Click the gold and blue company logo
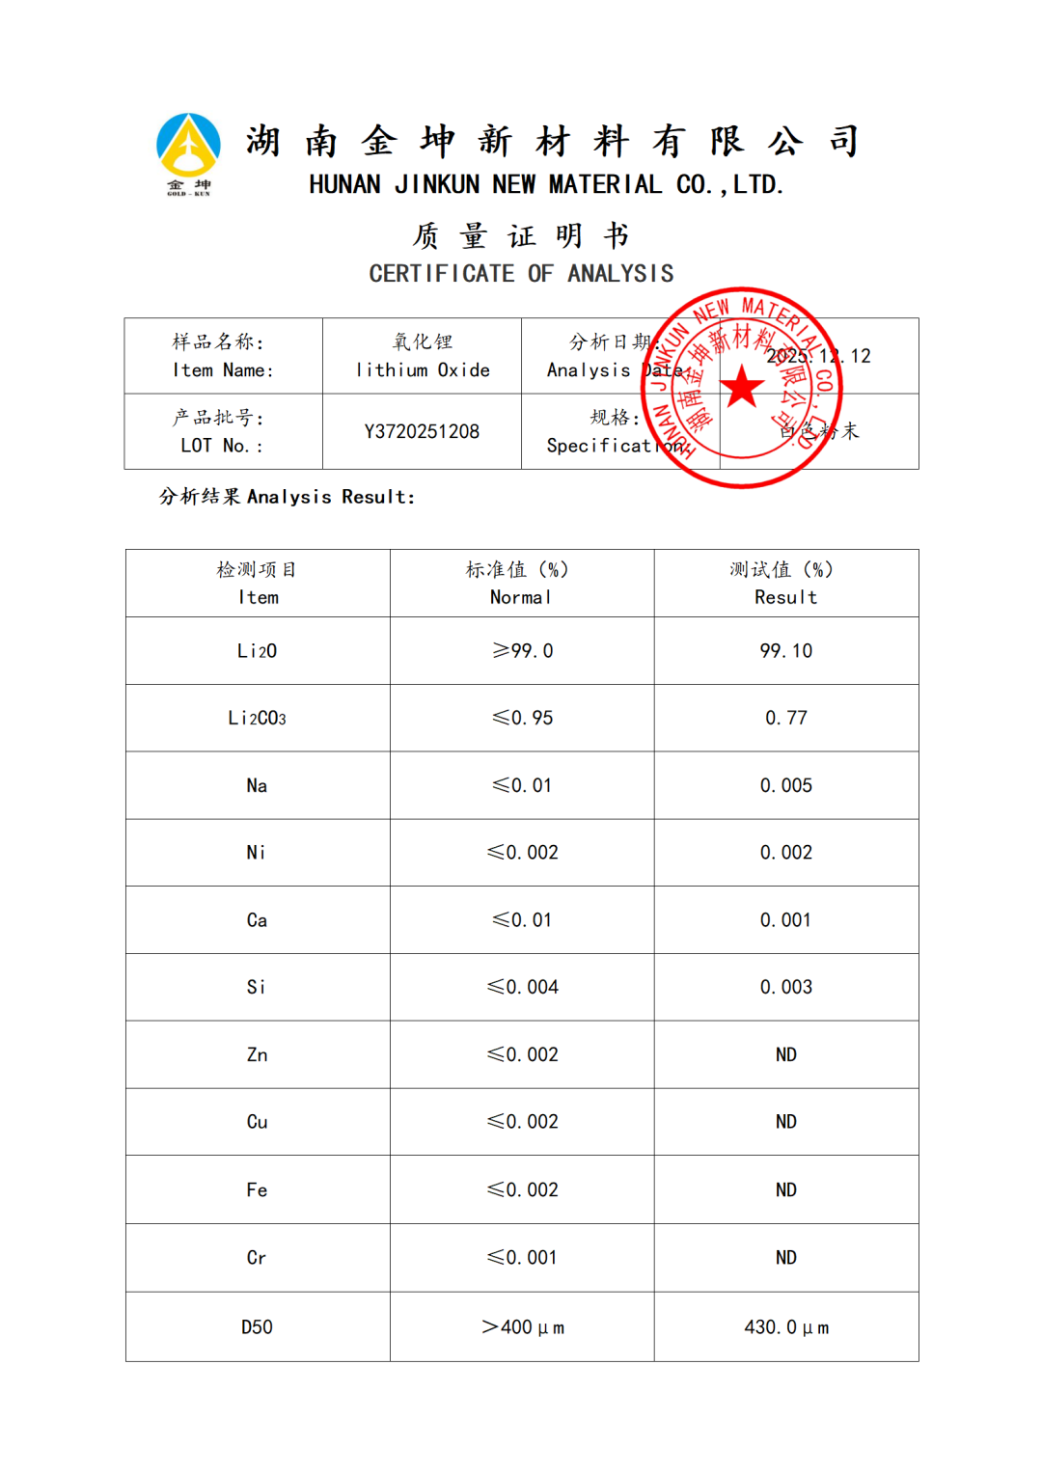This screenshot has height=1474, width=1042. tap(188, 152)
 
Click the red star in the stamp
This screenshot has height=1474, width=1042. tap(742, 387)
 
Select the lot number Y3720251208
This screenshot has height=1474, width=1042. tap(422, 431)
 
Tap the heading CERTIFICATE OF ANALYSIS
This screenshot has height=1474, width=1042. tap(521, 274)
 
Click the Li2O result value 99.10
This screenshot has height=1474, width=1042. tap(785, 651)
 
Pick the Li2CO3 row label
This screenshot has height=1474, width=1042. tap(257, 718)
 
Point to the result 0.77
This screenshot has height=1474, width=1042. tap(785, 718)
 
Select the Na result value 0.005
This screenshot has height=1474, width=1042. tap(785, 785)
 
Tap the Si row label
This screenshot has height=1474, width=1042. tap(257, 987)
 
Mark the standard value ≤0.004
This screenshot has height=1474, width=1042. tap(522, 987)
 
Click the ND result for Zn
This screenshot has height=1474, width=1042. tap(785, 1054)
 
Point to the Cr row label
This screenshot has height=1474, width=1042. tap(257, 1257)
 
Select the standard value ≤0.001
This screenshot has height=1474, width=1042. tap(522, 1257)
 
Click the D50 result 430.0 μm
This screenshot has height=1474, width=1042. tap(785, 1327)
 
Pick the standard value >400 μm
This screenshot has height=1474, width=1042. tap(522, 1327)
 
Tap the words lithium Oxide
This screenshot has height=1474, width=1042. tap(423, 370)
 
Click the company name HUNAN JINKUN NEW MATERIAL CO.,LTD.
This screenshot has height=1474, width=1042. tap(546, 184)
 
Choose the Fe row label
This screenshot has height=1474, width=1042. tap(257, 1189)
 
